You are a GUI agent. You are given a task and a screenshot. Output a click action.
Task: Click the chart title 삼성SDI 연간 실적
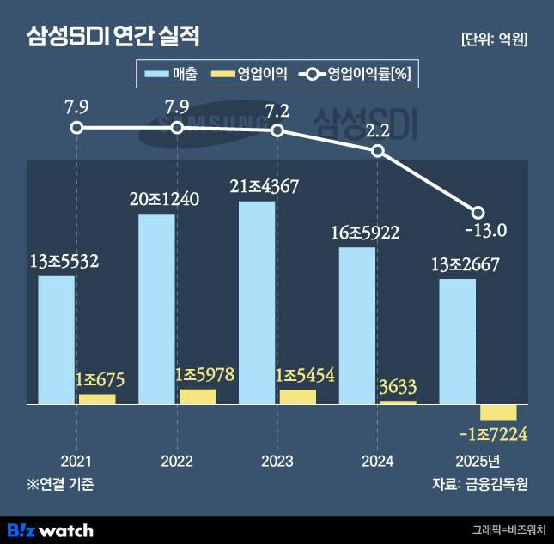click(113, 37)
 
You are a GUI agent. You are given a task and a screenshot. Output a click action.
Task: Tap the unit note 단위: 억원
click(494, 39)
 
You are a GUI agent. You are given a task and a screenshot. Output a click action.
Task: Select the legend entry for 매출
click(173, 75)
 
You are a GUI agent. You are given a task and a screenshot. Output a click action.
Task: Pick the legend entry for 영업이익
click(249, 75)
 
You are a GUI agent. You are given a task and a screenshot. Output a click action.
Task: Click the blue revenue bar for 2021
click(56, 339)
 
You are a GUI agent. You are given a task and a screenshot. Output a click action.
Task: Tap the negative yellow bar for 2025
click(498, 412)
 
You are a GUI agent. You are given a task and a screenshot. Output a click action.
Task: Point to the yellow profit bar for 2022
click(198, 396)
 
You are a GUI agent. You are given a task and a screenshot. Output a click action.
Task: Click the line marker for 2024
click(378, 151)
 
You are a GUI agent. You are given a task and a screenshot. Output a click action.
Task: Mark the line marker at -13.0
click(478, 212)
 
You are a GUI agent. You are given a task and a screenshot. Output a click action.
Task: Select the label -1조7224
click(493, 435)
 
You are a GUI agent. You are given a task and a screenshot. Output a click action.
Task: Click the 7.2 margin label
click(277, 111)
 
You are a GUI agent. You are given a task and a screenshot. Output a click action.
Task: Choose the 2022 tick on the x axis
click(177, 461)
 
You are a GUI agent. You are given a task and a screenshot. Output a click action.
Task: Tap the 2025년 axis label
click(478, 461)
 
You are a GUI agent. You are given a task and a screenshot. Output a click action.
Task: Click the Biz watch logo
click(50, 529)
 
